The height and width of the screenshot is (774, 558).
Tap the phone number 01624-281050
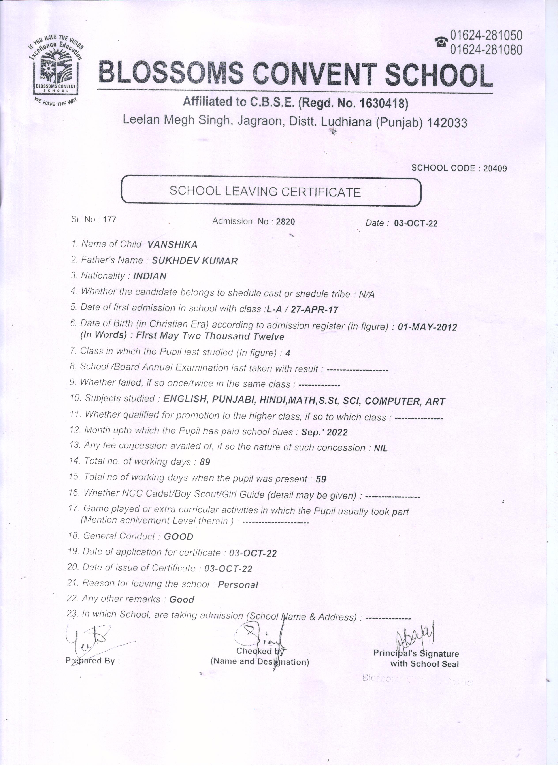tap(486, 35)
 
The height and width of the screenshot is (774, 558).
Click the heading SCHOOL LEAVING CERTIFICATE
tap(265, 191)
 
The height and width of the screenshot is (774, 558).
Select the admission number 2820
tap(285, 222)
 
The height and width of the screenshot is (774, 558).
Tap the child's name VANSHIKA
tap(172, 244)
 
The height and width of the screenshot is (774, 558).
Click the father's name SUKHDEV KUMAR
tap(194, 261)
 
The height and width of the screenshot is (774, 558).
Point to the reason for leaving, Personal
tap(238, 585)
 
